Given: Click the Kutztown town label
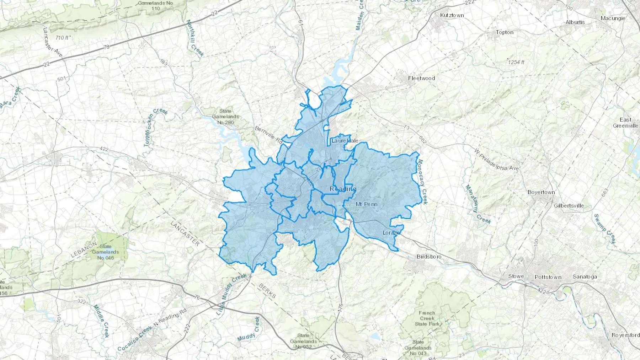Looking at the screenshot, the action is coord(452,15).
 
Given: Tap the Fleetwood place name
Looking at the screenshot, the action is coord(421,78).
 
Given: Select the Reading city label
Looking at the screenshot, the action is coord(343,189).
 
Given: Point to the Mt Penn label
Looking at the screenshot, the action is coord(367,204).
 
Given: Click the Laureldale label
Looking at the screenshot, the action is coord(345,141).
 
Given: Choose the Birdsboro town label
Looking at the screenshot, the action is coord(429,257).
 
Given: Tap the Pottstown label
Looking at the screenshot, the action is coord(548,277).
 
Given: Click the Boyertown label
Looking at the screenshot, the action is coord(541,192).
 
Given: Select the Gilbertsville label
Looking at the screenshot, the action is coord(569,206).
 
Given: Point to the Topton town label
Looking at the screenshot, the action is coord(505,32).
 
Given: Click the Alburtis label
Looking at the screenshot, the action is coord(575,22).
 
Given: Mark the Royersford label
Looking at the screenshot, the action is coord(625,335).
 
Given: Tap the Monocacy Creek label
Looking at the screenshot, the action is coord(422,182).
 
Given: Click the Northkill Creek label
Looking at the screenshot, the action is coord(195,38).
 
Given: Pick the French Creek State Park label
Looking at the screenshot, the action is coord(427,318).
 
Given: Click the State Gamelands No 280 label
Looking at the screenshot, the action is coord(225,117).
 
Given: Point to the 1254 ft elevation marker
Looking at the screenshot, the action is coord(516,62).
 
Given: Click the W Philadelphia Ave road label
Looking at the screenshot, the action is coord(497,160).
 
